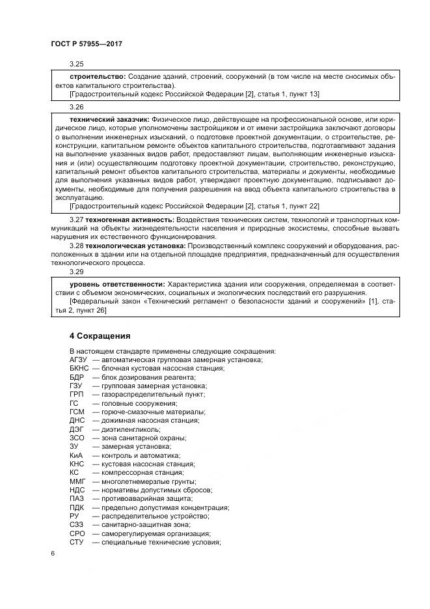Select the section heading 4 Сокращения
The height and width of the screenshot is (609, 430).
(x=100, y=336)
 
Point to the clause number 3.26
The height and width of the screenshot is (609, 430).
(x=77, y=106)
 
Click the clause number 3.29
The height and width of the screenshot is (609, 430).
(x=77, y=274)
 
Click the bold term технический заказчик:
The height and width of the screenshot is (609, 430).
(x=109, y=120)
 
